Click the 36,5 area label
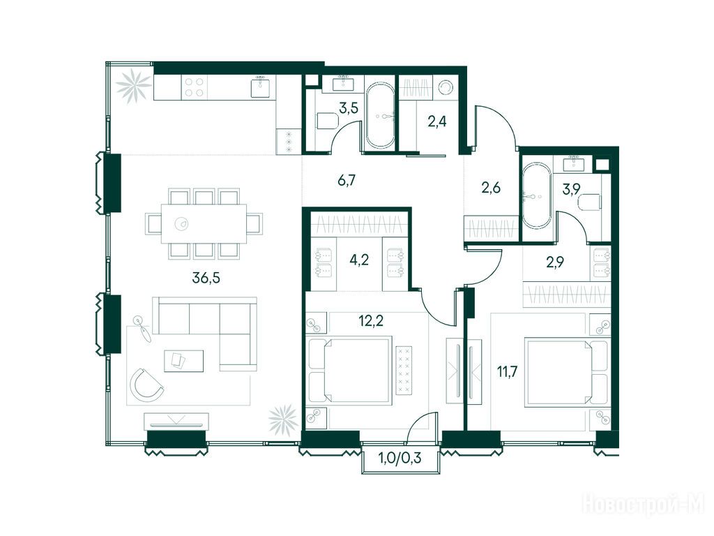coord(206,277)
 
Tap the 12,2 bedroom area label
coord(371,321)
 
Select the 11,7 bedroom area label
coord(507,372)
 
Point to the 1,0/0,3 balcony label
coord(400,458)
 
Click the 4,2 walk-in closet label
coord(359,260)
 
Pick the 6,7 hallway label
coord(346,181)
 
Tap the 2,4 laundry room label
coord(436,121)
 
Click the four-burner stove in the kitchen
coord(195,87)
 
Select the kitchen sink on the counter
coord(261,87)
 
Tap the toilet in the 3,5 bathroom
coord(326,121)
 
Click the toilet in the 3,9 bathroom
coord(590,202)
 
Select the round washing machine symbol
coord(445,87)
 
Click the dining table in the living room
coord(204,224)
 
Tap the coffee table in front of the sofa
coord(184,361)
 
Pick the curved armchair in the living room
coord(146,385)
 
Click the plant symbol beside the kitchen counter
coord(133,87)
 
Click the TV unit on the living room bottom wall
coord(176,421)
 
